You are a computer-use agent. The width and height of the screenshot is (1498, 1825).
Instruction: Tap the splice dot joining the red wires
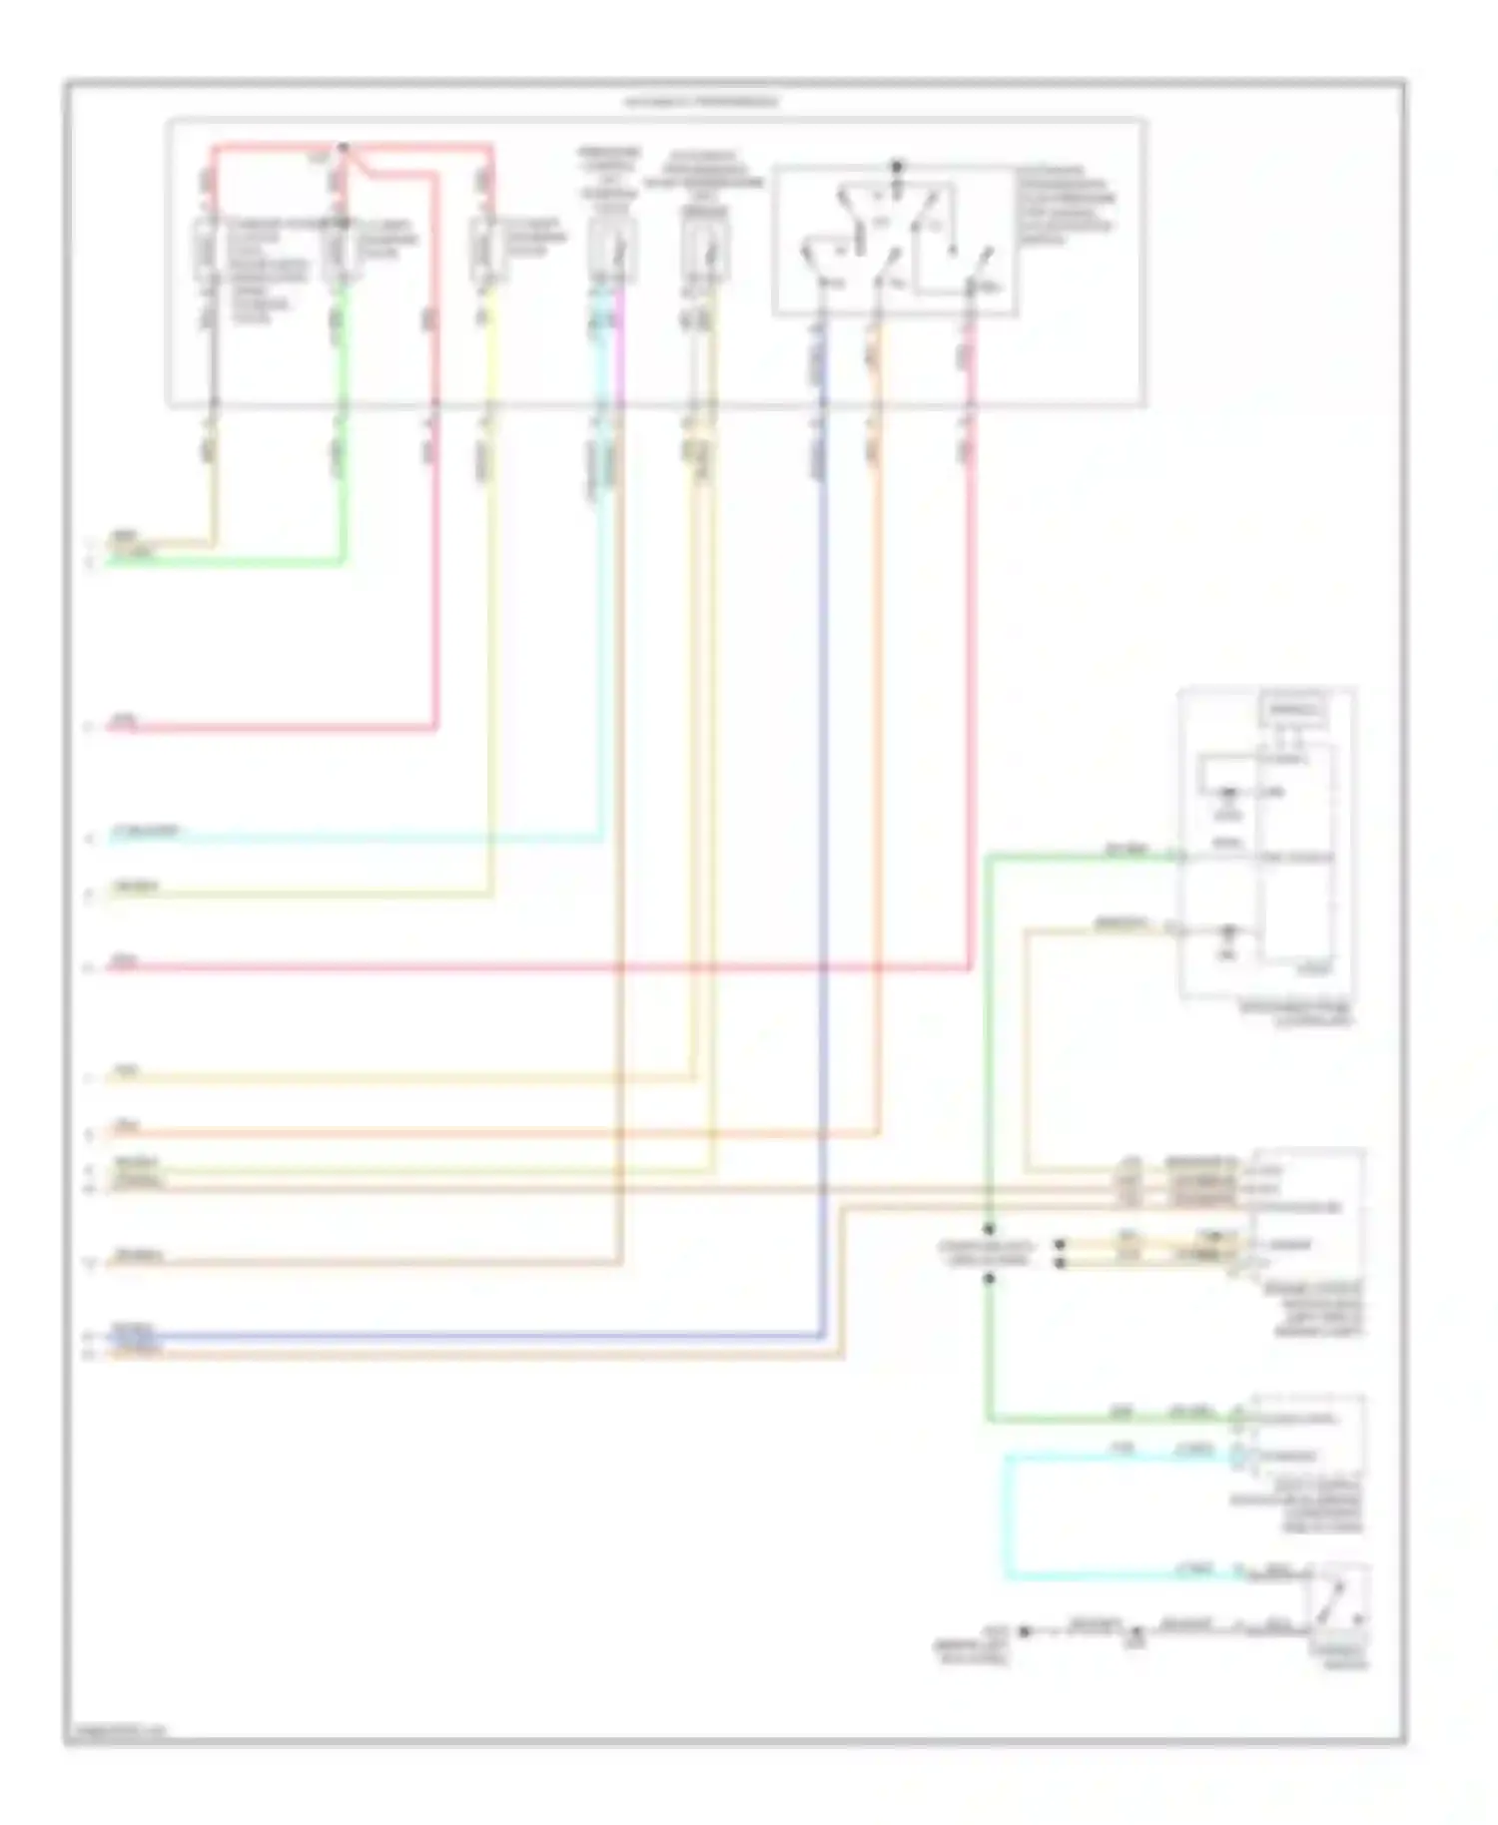pyautogui.click(x=344, y=148)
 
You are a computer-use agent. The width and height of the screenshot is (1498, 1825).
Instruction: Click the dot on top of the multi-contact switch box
pyautogui.click(x=896, y=165)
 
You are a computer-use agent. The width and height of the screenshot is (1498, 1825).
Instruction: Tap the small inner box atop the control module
pyautogui.click(x=1294, y=711)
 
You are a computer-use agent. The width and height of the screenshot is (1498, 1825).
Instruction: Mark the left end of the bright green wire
pyautogui.click(x=110, y=563)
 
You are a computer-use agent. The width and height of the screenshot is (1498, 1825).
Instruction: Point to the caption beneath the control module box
pyautogui.click(x=1296, y=1013)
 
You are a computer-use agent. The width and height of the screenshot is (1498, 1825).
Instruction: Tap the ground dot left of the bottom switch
pyautogui.click(x=1024, y=1631)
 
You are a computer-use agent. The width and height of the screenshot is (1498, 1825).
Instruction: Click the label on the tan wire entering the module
pyautogui.click(x=1122, y=924)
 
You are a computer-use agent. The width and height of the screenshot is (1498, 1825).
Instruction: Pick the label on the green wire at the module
pyautogui.click(x=1126, y=850)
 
